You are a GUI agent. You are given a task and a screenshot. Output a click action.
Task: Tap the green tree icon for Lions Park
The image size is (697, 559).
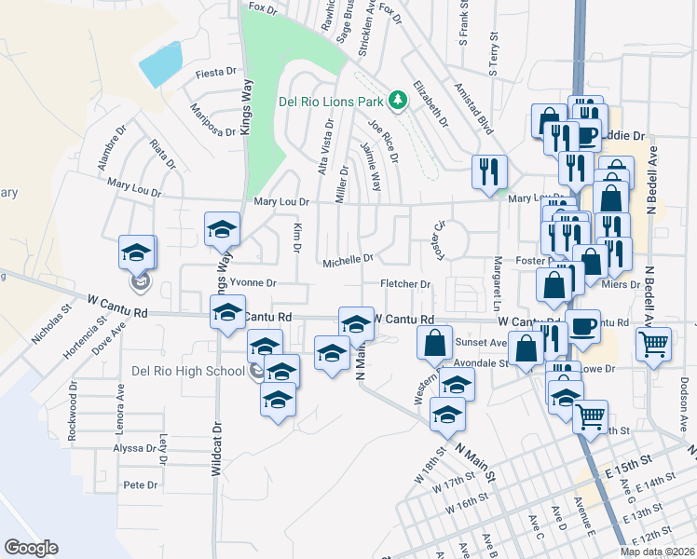[x=399, y=99]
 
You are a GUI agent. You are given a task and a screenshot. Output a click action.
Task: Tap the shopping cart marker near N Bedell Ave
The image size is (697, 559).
[x=653, y=343]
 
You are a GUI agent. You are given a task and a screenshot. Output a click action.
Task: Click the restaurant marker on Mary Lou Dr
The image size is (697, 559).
[x=489, y=170]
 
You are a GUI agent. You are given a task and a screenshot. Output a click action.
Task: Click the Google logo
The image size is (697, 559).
[x=31, y=547]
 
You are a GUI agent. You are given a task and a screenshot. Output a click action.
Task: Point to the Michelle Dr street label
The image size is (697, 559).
[x=348, y=262]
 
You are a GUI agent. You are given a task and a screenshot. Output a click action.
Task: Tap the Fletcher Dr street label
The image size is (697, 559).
[x=405, y=284]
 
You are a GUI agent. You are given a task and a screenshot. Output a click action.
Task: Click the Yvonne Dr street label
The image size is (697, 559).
[x=253, y=282]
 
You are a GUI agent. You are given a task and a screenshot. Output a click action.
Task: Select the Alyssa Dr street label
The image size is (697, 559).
[x=132, y=448]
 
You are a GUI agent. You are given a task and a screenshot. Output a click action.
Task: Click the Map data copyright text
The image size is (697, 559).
[x=657, y=552]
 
